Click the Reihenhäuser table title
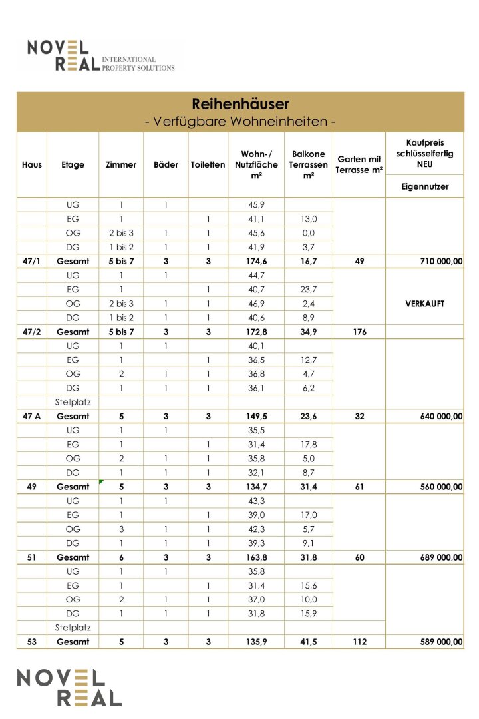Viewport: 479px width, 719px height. [240, 104]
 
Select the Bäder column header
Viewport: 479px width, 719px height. [166, 165]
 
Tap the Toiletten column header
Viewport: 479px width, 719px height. [208, 165]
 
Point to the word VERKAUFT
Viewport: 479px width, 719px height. [424, 303]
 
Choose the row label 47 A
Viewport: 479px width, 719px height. [32, 416]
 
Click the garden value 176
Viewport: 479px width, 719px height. [359, 331]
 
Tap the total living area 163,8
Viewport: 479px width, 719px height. [255, 557]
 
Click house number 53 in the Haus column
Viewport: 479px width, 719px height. [32, 642]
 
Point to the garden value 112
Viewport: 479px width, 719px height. [359, 642]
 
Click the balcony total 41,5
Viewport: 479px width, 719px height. [308, 642]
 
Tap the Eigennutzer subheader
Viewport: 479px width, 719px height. [424, 187]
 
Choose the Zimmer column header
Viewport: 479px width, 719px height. [121, 165]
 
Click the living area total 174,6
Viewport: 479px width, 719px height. [255, 262]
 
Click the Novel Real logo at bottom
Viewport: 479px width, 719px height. [69, 687]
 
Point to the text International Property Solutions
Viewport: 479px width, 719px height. [138, 63]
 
